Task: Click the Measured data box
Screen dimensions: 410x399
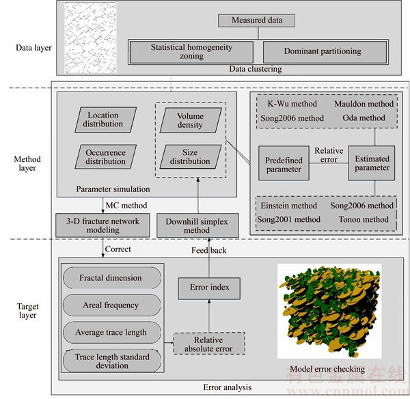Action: (256, 20)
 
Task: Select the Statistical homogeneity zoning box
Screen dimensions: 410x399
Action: (191, 52)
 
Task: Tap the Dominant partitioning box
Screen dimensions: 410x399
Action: (325, 52)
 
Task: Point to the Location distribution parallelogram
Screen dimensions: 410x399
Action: (106, 120)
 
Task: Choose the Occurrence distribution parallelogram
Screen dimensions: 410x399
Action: (106, 156)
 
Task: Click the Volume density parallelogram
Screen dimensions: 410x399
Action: (191, 120)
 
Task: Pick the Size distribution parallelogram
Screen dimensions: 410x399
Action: (191, 156)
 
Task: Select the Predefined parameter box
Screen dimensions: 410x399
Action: (284, 163)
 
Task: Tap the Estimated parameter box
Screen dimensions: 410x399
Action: (372, 163)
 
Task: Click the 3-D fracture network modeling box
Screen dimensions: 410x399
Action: (102, 225)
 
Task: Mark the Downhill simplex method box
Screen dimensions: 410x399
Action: (197, 225)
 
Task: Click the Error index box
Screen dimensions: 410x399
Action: (209, 288)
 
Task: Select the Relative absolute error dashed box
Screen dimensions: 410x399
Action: (209, 344)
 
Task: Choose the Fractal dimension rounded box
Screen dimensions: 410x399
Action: (112, 278)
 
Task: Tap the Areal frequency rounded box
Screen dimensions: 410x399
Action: (112, 305)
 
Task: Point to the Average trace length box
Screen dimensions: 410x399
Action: (112, 332)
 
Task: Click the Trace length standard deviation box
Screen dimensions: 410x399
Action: (112, 361)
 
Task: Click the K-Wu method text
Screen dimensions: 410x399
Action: (292, 104)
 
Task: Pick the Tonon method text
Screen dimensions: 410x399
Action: (364, 219)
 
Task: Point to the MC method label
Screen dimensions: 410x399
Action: (126, 205)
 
